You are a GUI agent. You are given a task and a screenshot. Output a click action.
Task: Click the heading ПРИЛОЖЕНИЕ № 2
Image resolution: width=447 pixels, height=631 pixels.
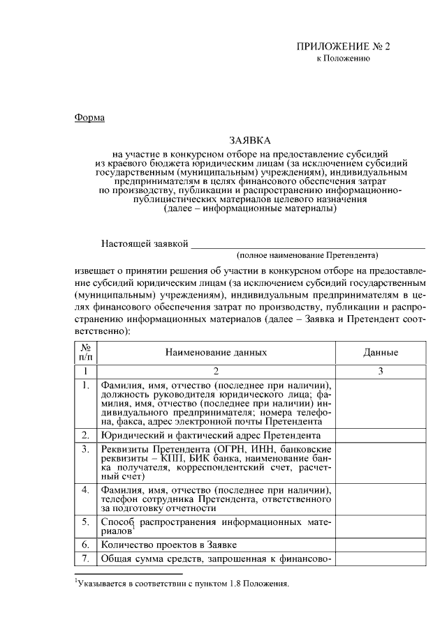[x=344, y=47]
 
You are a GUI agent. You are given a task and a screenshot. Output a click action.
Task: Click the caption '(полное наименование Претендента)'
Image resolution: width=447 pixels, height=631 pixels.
[x=307, y=256]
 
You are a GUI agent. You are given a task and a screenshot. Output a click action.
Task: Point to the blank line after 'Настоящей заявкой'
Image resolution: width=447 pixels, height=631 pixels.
[x=307, y=243]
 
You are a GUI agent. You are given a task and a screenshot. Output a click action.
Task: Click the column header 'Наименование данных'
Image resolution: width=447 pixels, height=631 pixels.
[x=216, y=353]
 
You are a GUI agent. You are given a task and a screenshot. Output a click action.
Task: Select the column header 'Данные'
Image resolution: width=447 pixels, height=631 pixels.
[x=381, y=353]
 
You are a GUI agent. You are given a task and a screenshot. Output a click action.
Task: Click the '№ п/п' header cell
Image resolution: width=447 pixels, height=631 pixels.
[x=85, y=352]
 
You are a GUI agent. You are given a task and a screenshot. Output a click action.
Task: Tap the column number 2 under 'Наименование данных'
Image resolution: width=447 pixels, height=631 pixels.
[x=216, y=371]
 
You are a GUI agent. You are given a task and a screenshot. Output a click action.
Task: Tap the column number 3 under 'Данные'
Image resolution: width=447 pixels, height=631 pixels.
[x=381, y=371]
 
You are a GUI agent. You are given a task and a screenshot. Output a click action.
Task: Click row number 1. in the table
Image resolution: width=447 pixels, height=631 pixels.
[x=85, y=385]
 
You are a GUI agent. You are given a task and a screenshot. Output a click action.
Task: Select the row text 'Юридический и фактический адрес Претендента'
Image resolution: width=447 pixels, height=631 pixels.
[x=196, y=435]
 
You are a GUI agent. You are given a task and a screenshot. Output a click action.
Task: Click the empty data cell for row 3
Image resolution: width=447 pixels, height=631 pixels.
[x=381, y=463]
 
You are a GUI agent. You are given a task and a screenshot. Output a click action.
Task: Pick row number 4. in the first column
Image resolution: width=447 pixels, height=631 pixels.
[x=85, y=490]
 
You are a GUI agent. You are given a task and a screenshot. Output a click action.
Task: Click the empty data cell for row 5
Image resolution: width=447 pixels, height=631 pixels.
[x=381, y=526]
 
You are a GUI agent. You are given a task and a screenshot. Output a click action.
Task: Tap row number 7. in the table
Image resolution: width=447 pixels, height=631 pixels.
[x=85, y=558]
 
